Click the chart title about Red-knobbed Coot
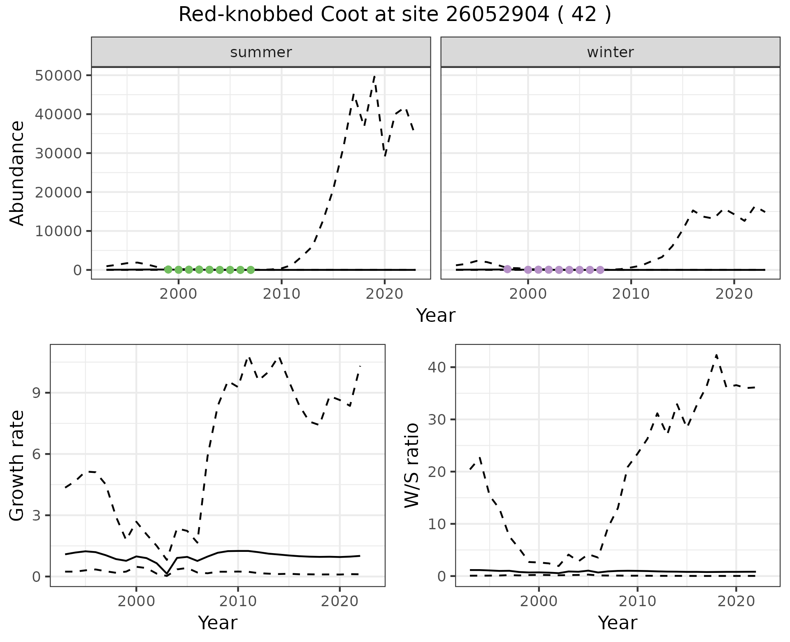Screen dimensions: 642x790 395,15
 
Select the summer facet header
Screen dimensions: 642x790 261,52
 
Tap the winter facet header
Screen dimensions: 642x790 610,52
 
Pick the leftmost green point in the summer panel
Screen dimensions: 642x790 168,270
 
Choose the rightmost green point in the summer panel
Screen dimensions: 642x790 251,270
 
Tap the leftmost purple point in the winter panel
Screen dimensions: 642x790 507,269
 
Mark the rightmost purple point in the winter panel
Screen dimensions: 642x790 600,270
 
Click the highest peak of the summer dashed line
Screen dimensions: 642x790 374,76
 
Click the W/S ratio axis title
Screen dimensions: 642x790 412,465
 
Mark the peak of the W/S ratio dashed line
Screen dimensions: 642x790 716,355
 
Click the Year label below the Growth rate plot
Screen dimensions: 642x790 218,623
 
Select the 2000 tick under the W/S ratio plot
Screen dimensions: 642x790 539,601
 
